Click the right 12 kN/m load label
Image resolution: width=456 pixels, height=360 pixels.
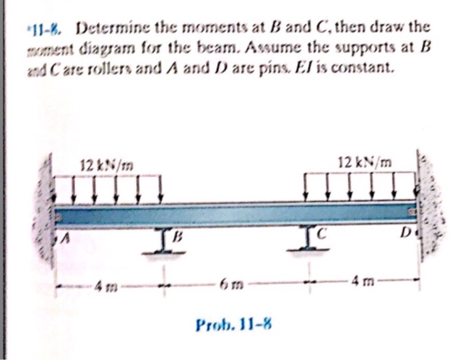pyautogui.click(x=362, y=161)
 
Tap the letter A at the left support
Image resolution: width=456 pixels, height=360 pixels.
pyautogui.click(x=66, y=241)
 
